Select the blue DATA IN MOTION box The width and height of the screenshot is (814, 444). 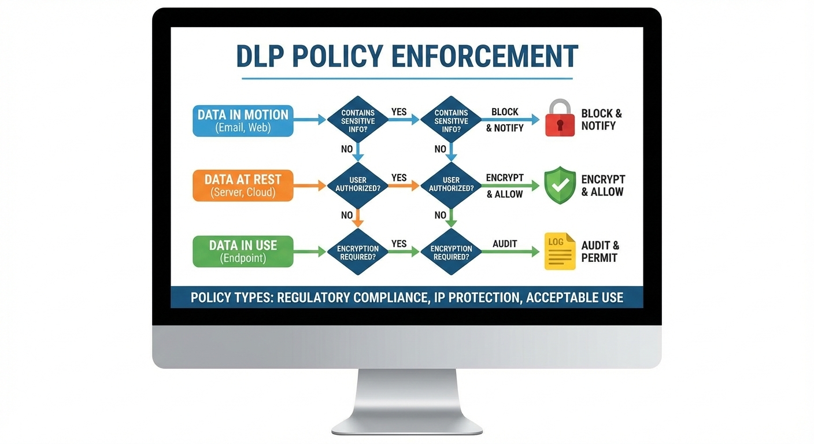243,120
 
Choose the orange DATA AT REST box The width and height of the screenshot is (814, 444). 243,186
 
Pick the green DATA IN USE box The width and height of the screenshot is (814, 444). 243,251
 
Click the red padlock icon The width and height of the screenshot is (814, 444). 560,119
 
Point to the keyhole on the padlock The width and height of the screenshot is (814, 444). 560,125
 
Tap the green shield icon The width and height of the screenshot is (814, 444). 560,185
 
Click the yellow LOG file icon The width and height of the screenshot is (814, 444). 560,251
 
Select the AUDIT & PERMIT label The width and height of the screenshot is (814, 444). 600,251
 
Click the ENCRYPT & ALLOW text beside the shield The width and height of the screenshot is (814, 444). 603,186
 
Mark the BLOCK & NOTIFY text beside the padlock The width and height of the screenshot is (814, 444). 601,120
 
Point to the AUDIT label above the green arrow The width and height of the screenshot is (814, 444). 505,244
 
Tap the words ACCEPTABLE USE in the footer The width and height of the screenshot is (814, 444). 575,298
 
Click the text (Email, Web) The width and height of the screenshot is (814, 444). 243,128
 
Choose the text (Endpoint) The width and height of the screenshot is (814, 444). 243,258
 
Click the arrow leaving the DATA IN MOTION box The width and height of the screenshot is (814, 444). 310,120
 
